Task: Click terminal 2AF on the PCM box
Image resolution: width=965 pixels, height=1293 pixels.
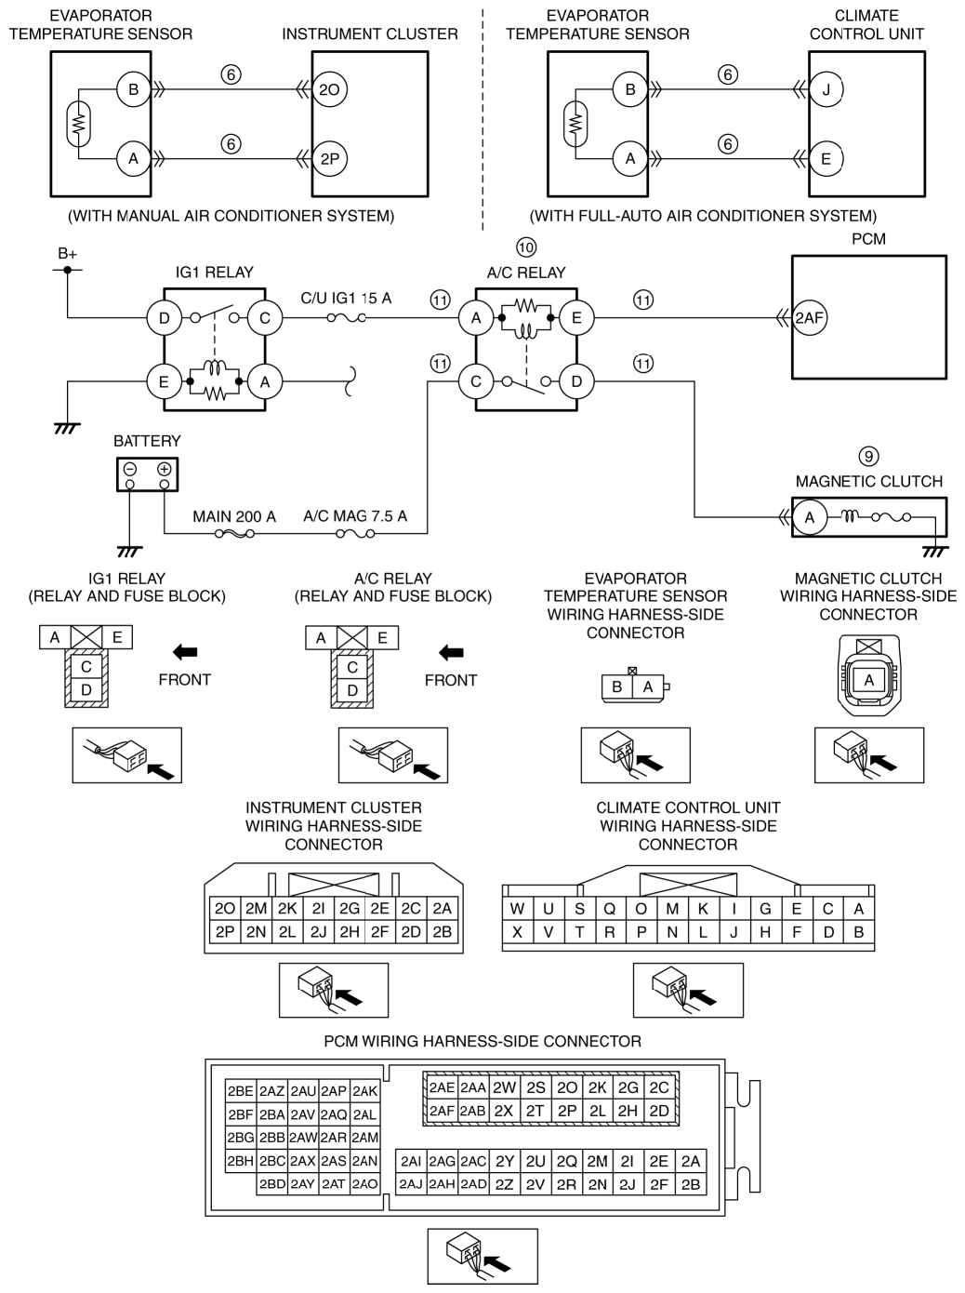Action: coord(809,318)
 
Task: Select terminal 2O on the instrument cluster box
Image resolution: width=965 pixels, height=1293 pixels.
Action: coord(329,89)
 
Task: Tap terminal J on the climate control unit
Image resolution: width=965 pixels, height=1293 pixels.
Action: coord(826,89)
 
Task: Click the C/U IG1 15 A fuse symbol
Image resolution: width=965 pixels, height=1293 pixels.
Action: coord(346,318)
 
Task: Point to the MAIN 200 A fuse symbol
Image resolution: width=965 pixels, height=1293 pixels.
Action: coord(234,534)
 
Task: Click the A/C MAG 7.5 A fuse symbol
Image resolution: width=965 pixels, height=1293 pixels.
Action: coord(355,534)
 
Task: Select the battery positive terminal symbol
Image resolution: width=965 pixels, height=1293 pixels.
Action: coord(165,470)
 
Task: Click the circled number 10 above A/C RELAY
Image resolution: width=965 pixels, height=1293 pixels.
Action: coord(526,247)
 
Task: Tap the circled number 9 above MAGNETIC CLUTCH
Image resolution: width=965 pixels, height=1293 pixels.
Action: coord(868,456)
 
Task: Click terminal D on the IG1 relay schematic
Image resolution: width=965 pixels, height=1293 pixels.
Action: coord(165,318)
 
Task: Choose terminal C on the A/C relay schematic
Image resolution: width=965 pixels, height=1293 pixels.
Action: coord(476,381)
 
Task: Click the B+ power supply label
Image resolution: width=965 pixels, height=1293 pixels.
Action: coord(67,254)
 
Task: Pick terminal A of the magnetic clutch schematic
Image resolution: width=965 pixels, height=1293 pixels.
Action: coord(810,517)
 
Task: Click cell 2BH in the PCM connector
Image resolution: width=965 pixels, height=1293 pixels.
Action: coord(240,1161)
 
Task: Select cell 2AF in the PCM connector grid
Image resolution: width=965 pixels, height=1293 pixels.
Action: coord(442,1111)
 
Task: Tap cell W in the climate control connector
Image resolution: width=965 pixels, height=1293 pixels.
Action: coord(517,908)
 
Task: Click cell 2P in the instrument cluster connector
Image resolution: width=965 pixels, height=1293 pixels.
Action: coord(225,932)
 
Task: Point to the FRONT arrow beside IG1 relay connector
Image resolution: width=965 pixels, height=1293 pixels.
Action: coord(185,652)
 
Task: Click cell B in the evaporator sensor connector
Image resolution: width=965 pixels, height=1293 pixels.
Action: coord(617,686)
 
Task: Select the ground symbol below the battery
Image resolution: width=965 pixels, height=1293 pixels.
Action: coord(129,552)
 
